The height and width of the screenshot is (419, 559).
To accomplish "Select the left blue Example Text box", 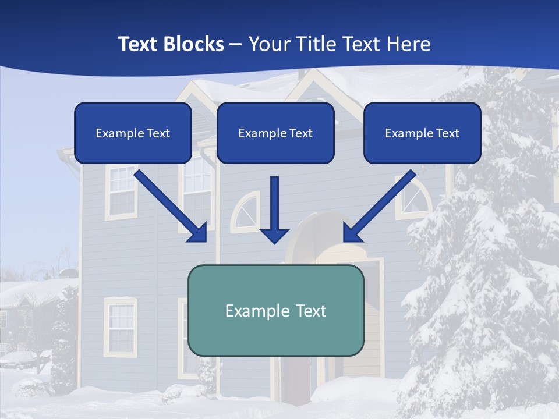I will coord(133,133).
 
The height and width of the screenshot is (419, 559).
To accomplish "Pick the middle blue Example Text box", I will coord(275,133).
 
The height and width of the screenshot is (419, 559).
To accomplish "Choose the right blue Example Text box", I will coord(422,133).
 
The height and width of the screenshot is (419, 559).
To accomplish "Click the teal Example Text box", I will coord(275,310).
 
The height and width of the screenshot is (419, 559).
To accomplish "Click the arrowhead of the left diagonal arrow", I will coord(198,233).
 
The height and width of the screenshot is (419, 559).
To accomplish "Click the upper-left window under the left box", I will coord(121,192).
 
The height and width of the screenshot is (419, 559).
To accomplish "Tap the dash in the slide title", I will coord(236,44).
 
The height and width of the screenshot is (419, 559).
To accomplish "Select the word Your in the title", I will coord(268,44).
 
